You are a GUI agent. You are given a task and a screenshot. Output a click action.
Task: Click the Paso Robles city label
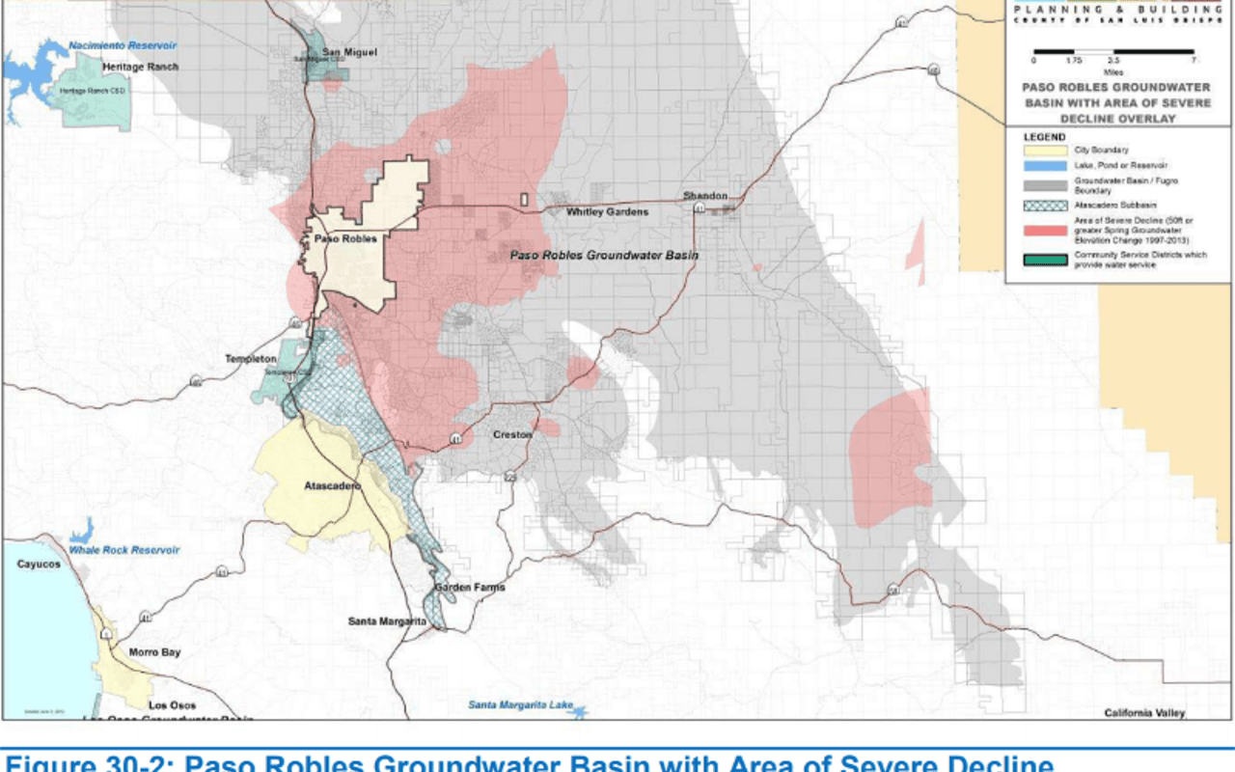point(343,238)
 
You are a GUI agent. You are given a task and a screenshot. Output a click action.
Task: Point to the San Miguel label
point(349,52)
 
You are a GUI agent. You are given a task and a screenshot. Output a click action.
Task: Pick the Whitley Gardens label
point(607,212)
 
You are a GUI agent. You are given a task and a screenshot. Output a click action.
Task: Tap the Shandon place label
point(704,196)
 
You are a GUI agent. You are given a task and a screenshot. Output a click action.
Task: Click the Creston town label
point(512,435)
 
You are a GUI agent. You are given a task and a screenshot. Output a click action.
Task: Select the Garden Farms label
point(469,588)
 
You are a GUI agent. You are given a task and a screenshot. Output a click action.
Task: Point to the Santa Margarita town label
point(387,621)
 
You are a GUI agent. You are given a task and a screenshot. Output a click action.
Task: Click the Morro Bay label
point(154,653)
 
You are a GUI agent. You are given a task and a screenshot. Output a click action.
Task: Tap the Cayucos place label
point(39,565)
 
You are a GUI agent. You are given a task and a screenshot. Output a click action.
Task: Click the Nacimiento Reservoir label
point(123,45)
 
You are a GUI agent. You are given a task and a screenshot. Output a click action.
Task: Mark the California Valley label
point(1144,713)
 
